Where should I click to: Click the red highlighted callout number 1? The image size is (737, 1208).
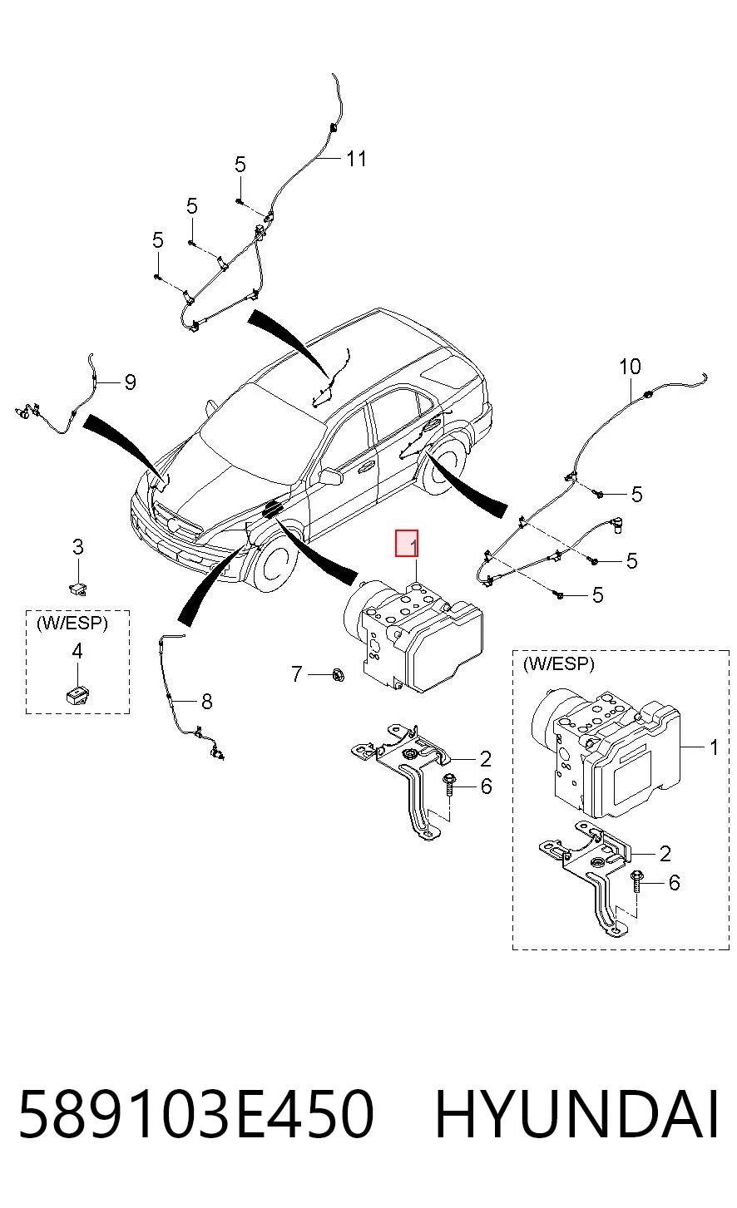pyautogui.click(x=407, y=543)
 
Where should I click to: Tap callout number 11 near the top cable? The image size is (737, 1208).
pyautogui.click(x=356, y=159)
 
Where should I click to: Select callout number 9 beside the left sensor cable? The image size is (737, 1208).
pyautogui.click(x=130, y=382)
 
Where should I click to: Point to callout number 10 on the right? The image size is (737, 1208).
pyautogui.click(x=630, y=367)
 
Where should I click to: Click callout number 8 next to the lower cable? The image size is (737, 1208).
pyautogui.click(x=206, y=702)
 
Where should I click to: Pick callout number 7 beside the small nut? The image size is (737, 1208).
pyautogui.click(x=296, y=673)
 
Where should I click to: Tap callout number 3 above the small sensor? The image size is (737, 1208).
pyautogui.click(x=78, y=547)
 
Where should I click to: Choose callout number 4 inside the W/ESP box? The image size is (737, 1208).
pyautogui.click(x=77, y=651)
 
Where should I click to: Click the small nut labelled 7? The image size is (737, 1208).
pyautogui.click(x=339, y=674)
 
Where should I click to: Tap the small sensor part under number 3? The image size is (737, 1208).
pyautogui.click(x=78, y=588)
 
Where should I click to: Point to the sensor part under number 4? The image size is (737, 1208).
pyautogui.click(x=77, y=695)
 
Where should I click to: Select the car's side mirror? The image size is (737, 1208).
pyautogui.click(x=331, y=476)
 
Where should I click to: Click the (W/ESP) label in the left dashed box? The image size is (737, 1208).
pyautogui.click(x=72, y=623)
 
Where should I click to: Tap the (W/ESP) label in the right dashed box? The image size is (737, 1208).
pyautogui.click(x=558, y=664)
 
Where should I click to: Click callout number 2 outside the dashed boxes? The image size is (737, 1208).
pyautogui.click(x=486, y=759)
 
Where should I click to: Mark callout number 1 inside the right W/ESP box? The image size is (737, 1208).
pyautogui.click(x=714, y=747)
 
